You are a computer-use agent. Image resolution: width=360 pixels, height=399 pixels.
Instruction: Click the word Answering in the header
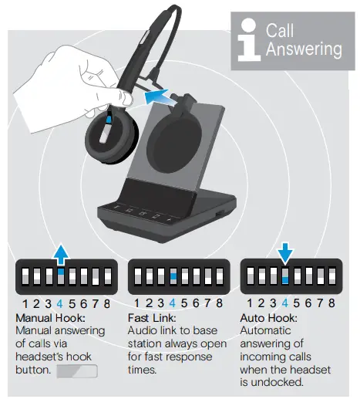coord(304,49)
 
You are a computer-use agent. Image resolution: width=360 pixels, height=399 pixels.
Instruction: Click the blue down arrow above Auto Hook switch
coord(285,253)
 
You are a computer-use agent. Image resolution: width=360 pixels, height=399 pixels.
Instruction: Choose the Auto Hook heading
coord(268,317)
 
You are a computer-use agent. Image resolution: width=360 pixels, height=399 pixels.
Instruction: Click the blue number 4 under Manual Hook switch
coord(60,304)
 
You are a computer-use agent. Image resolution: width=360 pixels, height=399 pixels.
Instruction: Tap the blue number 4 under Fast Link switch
coord(173,304)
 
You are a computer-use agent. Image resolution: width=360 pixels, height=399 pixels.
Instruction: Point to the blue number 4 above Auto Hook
coord(285,304)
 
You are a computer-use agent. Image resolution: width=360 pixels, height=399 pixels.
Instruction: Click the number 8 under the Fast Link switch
coord(219,304)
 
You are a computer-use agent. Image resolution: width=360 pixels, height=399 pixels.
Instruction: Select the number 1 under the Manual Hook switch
coord(25,304)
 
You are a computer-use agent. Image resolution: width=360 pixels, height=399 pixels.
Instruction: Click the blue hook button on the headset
coord(109,119)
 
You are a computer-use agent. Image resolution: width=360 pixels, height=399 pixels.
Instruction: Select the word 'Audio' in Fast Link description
coord(143,330)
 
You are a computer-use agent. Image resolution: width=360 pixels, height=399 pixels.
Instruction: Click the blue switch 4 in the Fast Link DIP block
coord(173,276)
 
